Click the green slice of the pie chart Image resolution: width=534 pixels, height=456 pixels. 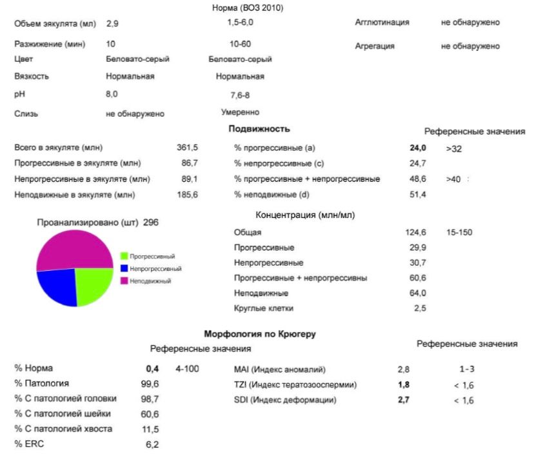93,284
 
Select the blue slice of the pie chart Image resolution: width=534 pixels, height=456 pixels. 58,287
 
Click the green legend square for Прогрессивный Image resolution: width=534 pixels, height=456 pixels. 124,256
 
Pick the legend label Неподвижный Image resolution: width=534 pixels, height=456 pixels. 150,281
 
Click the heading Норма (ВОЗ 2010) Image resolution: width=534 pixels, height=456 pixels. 248,8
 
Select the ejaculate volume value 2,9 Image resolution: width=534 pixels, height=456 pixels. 112,23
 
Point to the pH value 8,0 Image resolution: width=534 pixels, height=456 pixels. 112,94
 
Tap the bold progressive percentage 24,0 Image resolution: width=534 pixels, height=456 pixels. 418,148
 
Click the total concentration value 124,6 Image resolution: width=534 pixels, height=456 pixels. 416,232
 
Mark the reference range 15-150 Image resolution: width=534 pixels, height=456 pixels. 459,232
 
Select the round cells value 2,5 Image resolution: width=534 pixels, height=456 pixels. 420,308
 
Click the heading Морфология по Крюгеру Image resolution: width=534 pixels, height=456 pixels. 260,334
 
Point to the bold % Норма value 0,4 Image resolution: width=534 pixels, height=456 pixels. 152,369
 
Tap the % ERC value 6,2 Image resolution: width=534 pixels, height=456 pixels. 152,444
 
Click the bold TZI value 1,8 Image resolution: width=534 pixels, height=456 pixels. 404,385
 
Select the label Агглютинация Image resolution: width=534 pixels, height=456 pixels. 382,23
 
